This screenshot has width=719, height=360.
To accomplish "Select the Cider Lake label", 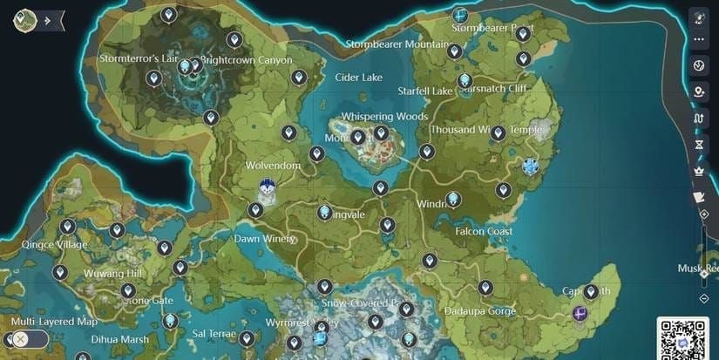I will (358, 78).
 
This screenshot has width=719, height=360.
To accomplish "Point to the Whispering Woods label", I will (384, 116).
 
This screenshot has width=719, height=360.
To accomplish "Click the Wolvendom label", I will (273, 165).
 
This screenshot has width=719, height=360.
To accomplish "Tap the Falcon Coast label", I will (484, 231).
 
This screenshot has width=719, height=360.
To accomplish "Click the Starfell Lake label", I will (425, 91).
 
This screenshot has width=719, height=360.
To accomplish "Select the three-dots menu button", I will (698, 39).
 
